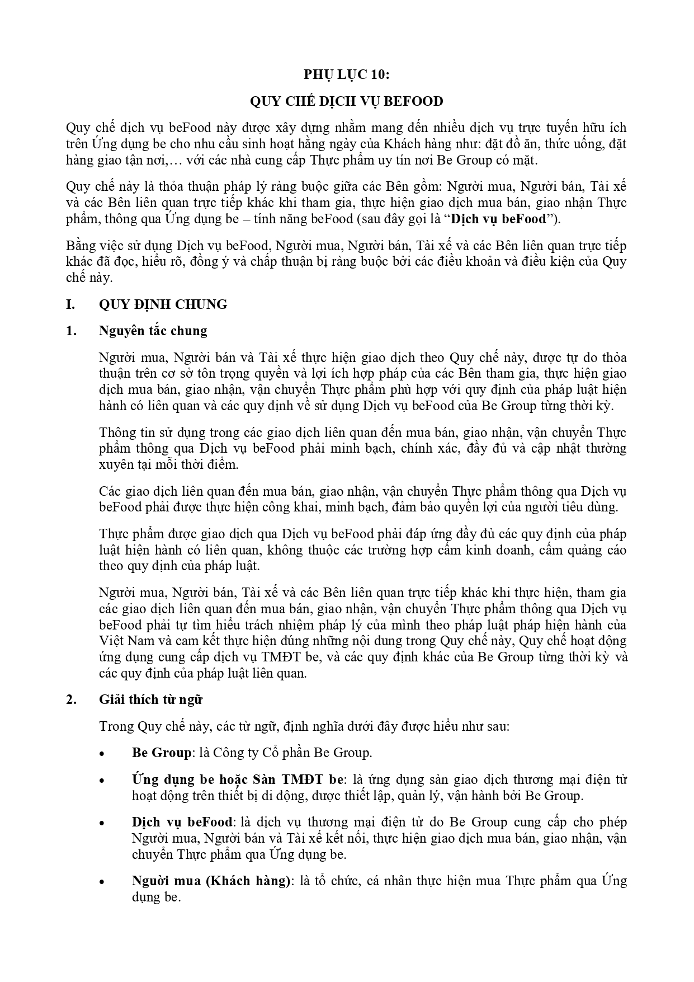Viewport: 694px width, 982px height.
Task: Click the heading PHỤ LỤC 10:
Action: (x=346, y=74)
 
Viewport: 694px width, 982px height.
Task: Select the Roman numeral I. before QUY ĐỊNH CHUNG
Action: (x=70, y=304)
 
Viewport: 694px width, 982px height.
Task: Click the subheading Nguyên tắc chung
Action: (x=153, y=331)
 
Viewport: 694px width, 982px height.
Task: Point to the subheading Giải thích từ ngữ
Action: (x=150, y=699)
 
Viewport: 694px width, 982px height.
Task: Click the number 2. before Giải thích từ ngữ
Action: (x=70, y=699)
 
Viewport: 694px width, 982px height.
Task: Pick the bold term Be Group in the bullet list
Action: (x=161, y=753)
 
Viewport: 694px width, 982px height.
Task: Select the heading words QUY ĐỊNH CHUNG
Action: (x=163, y=304)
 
